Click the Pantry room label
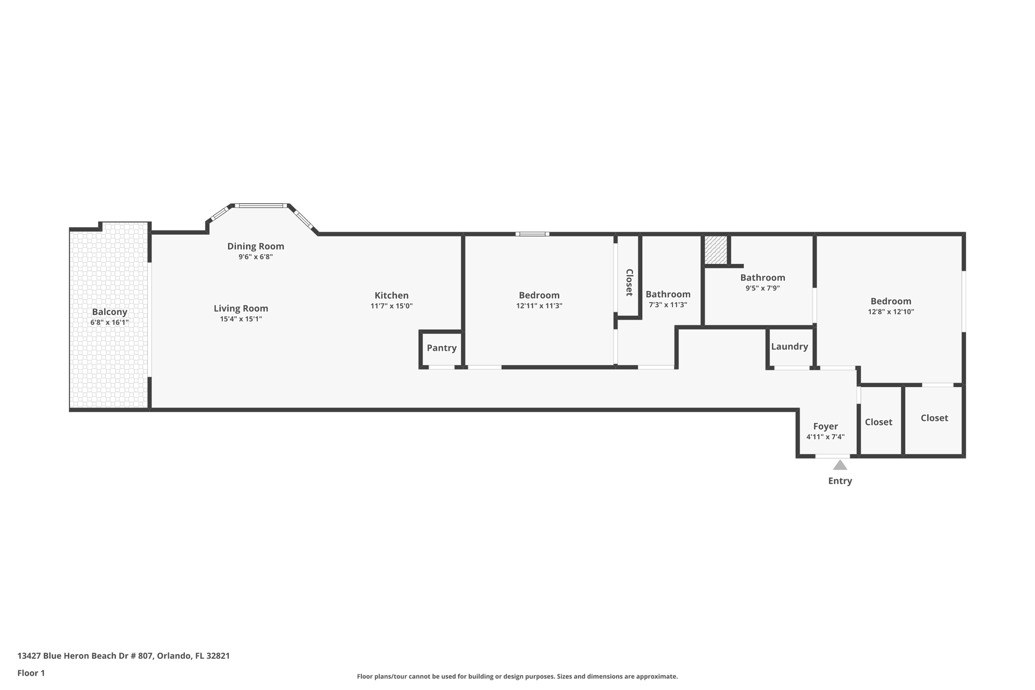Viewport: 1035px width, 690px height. [x=441, y=348]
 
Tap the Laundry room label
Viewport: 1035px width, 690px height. [x=789, y=346]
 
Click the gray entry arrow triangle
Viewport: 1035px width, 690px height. [x=840, y=465]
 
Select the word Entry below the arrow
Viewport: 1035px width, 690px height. [x=840, y=481]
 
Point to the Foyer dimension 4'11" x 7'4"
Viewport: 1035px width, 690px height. [x=825, y=437]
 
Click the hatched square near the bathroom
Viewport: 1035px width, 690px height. [x=716, y=250]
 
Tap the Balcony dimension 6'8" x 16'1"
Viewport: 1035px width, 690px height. [x=110, y=322]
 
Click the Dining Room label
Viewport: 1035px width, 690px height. [x=256, y=246]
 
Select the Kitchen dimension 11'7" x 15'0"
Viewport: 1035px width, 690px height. [x=392, y=306]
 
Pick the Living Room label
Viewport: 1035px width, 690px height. [x=241, y=308]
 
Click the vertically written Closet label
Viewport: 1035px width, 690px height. [x=629, y=282]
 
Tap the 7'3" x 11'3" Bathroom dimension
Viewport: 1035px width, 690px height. [x=668, y=305]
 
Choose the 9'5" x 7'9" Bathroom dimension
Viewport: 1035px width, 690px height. [x=763, y=288]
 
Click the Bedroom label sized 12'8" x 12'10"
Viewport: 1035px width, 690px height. [x=890, y=301]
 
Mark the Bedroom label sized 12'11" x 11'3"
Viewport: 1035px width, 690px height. [x=539, y=295]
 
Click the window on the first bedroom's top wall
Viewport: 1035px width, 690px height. [x=532, y=234]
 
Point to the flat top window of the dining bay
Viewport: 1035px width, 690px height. [x=261, y=206]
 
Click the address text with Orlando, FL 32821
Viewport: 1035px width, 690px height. [x=124, y=656]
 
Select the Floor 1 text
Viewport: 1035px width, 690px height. [x=31, y=673]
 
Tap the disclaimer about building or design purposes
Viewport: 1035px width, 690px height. [x=517, y=676]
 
